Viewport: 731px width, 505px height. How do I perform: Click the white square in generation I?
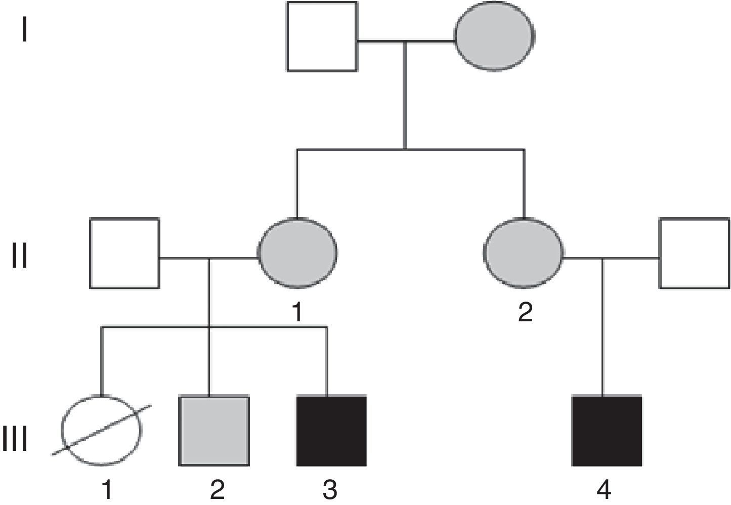pyautogui.click(x=322, y=36)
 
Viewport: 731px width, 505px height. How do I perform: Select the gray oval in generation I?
pyautogui.click(x=494, y=36)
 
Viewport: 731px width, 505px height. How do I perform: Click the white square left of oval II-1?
pyautogui.click(x=124, y=253)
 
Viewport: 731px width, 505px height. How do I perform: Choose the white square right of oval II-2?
pyautogui.click(x=694, y=253)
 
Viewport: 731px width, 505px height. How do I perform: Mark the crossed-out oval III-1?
pyautogui.click(x=101, y=430)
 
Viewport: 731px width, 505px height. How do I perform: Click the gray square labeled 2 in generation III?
pyautogui.click(x=214, y=431)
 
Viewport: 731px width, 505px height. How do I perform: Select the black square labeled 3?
pyautogui.click(x=331, y=431)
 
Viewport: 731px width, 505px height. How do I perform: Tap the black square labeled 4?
pyautogui.click(x=607, y=431)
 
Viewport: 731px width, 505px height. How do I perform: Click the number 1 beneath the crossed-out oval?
pyautogui.click(x=107, y=490)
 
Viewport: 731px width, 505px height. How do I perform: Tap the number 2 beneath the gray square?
pyautogui.click(x=217, y=490)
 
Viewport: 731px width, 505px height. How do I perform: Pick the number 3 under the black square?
pyautogui.click(x=330, y=490)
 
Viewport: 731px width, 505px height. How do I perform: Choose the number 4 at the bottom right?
pyautogui.click(x=604, y=490)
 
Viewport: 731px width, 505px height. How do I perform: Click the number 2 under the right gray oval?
pyautogui.click(x=525, y=313)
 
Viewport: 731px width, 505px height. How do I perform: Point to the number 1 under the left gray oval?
pyautogui.click(x=297, y=313)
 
